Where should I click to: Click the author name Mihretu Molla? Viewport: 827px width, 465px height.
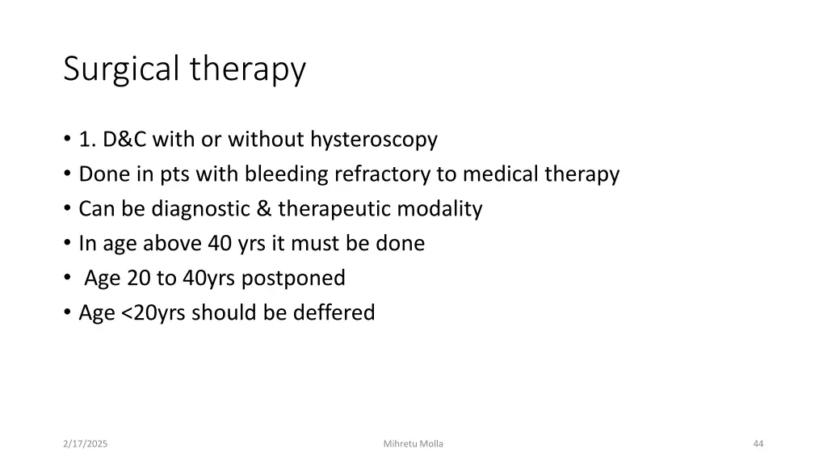[413, 444]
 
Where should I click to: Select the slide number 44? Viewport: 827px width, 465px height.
[758, 444]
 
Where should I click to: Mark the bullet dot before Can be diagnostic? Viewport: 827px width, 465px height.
[67, 210]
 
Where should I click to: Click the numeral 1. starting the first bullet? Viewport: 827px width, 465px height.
[86, 140]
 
